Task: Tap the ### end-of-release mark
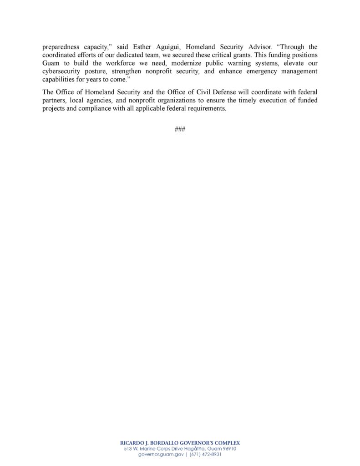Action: tap(180, 129)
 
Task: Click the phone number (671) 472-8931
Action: tap(204, 455)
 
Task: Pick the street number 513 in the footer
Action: tap(128, 449)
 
